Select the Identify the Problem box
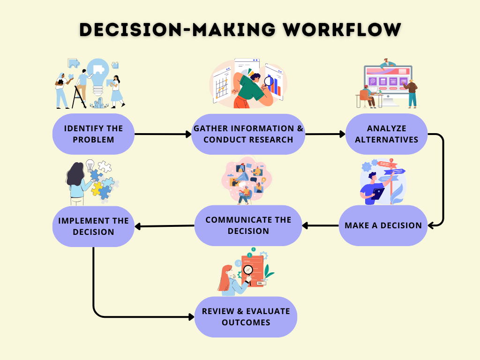[x=93, y=134]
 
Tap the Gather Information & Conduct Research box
[x=248, y=134]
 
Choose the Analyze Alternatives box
[x=386, y=134]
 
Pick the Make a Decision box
[x=383, y=225]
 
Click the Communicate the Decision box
[x=248, y=225]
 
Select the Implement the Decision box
[x=93, y=226]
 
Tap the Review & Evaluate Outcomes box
[x=246, y=317]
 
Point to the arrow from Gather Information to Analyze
[x=324, y=135]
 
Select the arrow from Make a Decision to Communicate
[x=321, y=225]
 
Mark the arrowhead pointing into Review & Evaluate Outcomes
[x=191, y=317]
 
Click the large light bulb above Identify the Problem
[x=98, y=75]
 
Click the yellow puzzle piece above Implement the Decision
[x=97, y=188]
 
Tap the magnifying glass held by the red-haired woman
[x=248, y=270]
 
